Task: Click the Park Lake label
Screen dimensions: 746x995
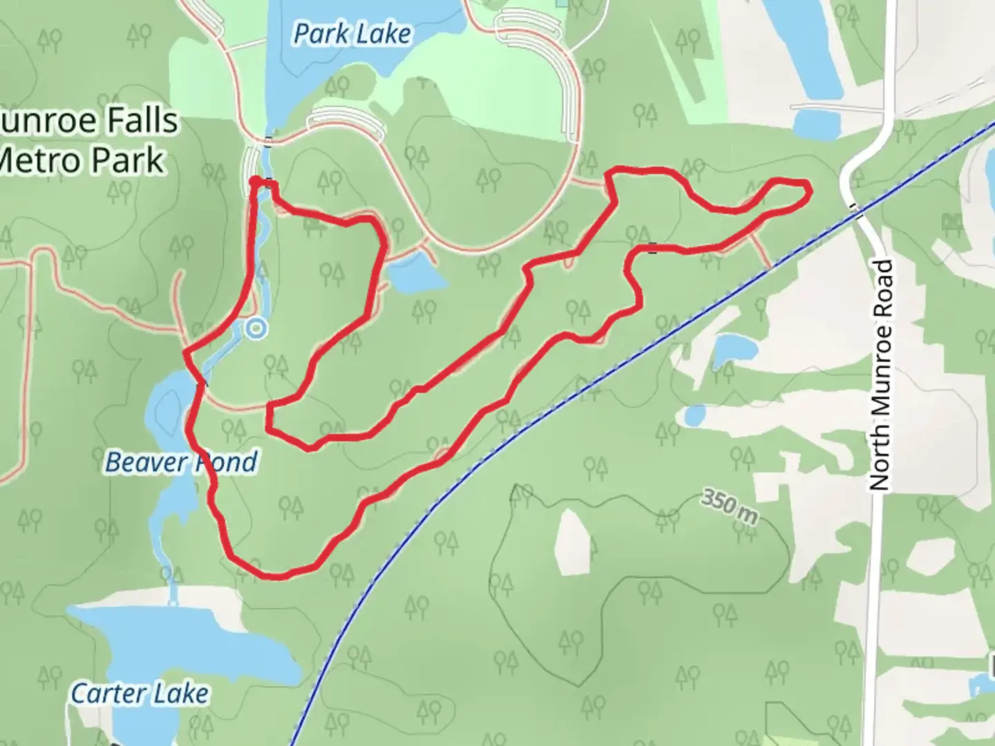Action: (352, 34)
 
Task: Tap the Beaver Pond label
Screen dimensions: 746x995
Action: (181, 462)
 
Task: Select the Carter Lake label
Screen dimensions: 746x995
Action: (140, 693)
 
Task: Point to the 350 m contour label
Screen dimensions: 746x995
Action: (729, 506)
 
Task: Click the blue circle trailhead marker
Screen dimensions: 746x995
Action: (256, 329)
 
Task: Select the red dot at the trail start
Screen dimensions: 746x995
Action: (256, 182)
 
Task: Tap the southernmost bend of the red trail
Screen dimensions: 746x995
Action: (276, 575)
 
